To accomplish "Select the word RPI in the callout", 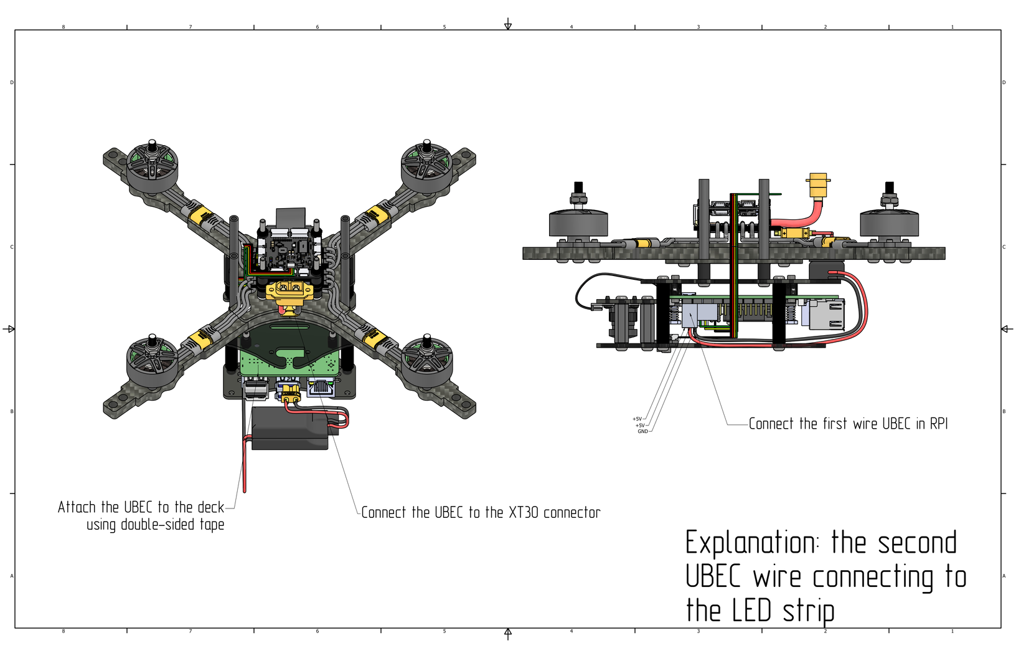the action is pos(938,424).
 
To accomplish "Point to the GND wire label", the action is pos(642,431).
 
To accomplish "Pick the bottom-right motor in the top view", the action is pos(427,362).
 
